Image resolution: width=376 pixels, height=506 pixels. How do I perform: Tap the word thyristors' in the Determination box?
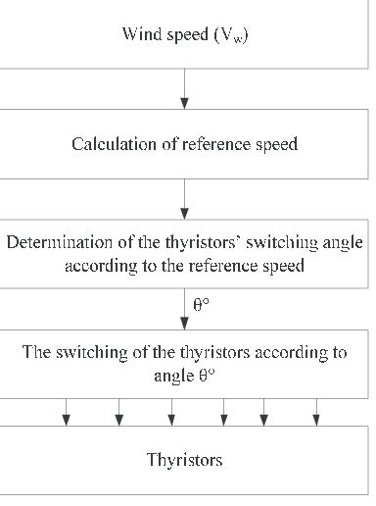coord(185,242)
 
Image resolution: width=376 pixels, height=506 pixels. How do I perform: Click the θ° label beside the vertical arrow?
coord(201,304)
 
